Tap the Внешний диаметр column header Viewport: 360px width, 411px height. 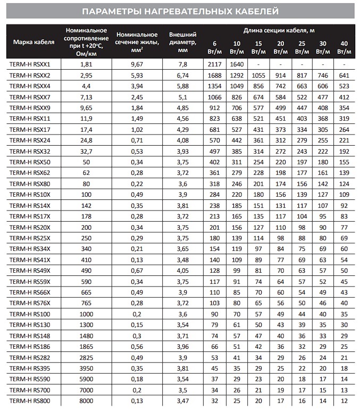(182, 42)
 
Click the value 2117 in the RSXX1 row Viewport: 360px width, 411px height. (214, 64)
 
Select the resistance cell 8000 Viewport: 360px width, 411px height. (86, 400)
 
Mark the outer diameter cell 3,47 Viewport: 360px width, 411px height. (182, 400)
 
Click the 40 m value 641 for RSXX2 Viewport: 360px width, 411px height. (344, 76)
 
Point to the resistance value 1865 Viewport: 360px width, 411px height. (86, 346)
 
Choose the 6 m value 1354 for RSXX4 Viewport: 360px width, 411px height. (214, 86)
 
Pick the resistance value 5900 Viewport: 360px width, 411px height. (86, 378)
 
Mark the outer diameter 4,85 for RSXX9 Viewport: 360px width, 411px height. (182, 108)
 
